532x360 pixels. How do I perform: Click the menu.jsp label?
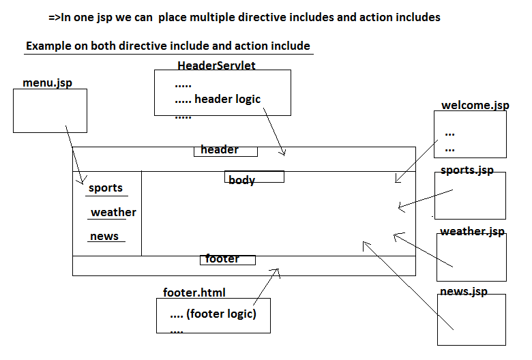pyautogui.click(x=47, y=83)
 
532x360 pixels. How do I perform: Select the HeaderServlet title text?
pyautogui.click(x=216, y=65)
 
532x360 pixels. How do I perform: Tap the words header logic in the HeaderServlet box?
pyautogui.click(x=228, y=99)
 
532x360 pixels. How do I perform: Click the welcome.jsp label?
pyautogui.click(x=475, y=105)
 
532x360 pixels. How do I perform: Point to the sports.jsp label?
pyautogui.click(x=467, y=170)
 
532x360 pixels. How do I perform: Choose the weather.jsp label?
pyautogui.click(x=472, y=231)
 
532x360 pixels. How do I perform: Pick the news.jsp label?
pyautogui.click(x=464, y=291)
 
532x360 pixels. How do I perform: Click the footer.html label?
pyautogui.click(x=194, y=292)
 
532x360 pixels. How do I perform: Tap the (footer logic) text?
pyautogui.click(x=220, y=314)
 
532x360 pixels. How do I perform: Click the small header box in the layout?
pyautogui.click(x=225, y=150)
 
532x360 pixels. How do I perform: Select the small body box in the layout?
pyautogui.click(x=253, y=177)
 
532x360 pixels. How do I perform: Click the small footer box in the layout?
pyautogui.click(x=227, y=259)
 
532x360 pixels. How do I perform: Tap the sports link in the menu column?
pyautogui.click(x=106, y=188)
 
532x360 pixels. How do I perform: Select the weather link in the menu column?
pyautogui.click(x=113, y=212)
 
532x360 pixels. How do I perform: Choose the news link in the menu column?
pyautogui.click(x=104, y=236)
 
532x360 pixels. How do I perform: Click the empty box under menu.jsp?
pyautogui.click(x=50, y=110)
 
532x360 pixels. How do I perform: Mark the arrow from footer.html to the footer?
pyautogui.click(x=265, y=287)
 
